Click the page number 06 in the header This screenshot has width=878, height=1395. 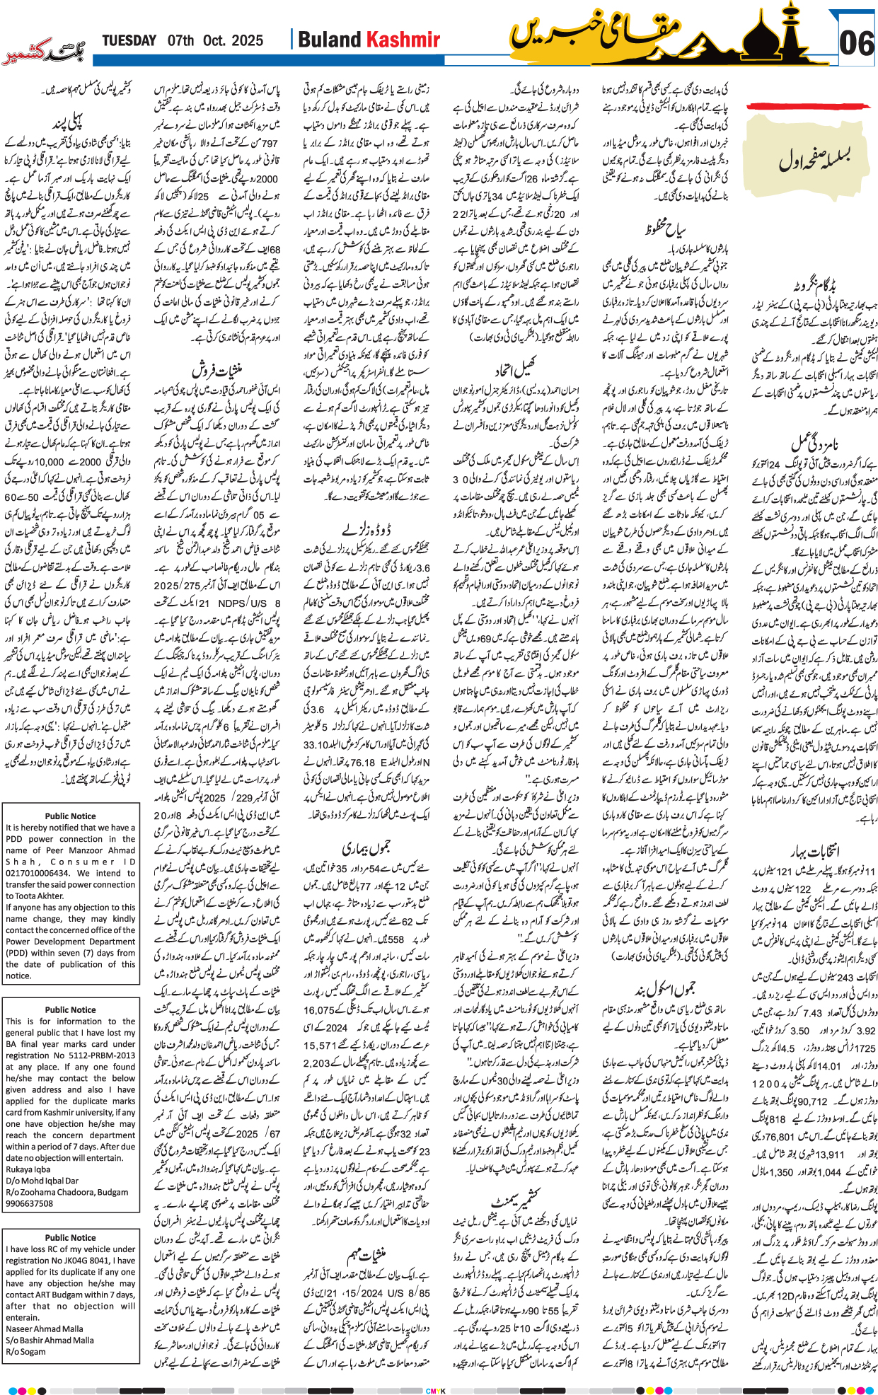pyautogui.click(x=857, y=44)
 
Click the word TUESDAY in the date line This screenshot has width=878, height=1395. pyautogui.click(x=129, y=40)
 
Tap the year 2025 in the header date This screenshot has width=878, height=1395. pyautogui.click(x=247, y=40)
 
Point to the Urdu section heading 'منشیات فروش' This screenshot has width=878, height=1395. pyautogui.click(x=217, y=371)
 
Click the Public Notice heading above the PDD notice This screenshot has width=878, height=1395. pyautogui.click(x=70, y=816)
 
